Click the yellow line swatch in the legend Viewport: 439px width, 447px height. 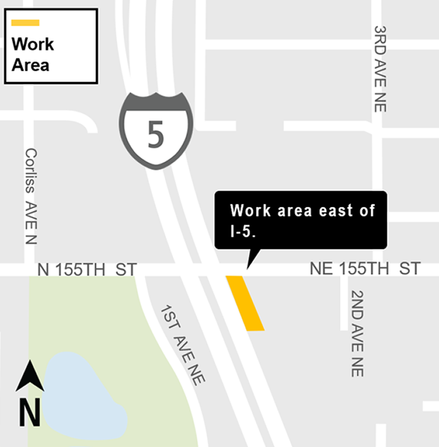point(26,23)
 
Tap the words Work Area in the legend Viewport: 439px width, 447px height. point(33,54)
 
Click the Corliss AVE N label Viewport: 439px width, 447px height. point(31,196)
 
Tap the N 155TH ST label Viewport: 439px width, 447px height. point(87,270)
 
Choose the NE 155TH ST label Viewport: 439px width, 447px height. point(364,269)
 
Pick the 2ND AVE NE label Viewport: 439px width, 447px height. point(357,333)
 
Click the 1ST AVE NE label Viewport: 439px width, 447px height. point(182,344)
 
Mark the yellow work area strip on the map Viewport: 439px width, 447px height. point(245,303)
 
